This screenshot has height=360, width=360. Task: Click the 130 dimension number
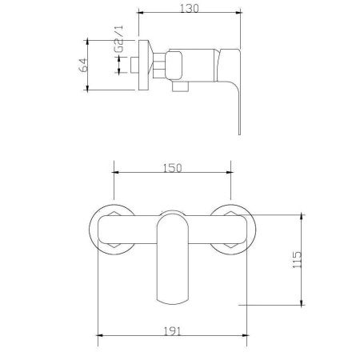point(190,9)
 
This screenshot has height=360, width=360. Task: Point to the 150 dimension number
point(173,167)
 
